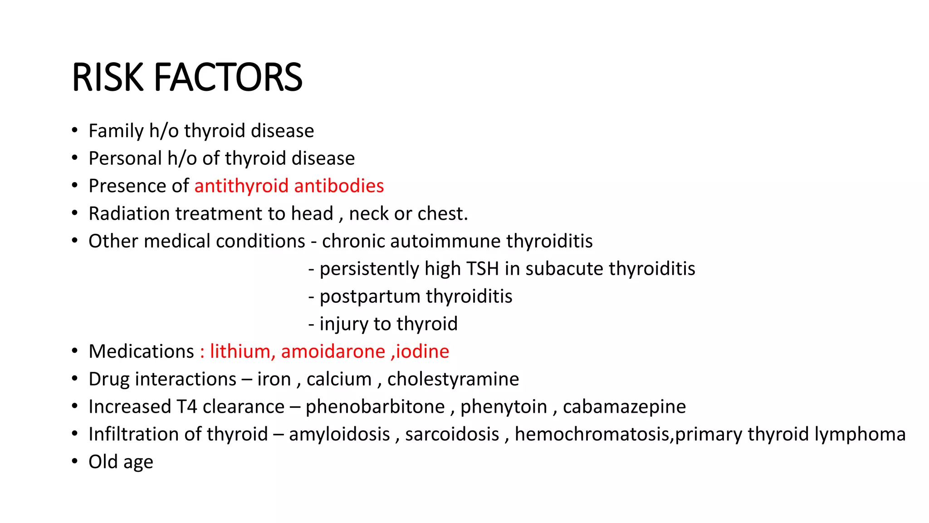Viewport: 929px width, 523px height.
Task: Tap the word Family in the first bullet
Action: coord(116,131)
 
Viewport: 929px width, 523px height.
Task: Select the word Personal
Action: coord(125,159)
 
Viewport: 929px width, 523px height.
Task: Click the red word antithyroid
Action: coord(241,186)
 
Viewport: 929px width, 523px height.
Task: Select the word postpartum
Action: coord(370,297)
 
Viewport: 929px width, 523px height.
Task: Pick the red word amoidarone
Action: coord(333,352)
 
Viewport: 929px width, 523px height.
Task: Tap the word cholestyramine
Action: coord(453,380)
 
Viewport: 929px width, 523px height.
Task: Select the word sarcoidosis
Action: coord(452,434)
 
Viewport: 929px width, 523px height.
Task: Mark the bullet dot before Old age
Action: coord(75,462)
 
